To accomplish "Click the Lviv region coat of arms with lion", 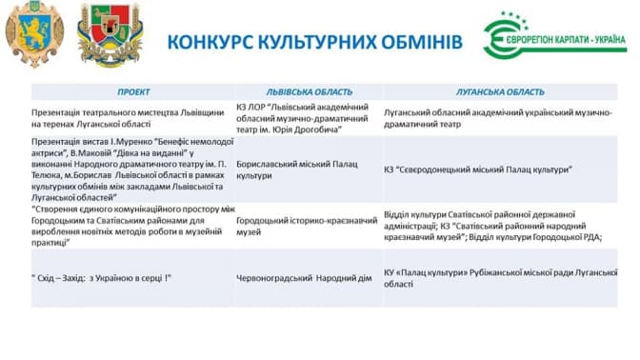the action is pyautogui.click(x=34, y=34).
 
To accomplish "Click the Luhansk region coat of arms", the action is pyautogui.click(x=110, y=35).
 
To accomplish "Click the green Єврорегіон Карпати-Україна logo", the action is pyautogui.click(x=554, y=36).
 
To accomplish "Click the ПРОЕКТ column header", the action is pyautogui.click(x=133, y=92).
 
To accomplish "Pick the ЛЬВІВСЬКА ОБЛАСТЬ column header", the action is pyautogui.click(x=309, y=92).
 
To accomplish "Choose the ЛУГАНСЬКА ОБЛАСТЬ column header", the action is pyautogui.click(x=500, y=92).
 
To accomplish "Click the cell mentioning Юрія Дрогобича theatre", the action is pyautogui.click(x=303, y=118).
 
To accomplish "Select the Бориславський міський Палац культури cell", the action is pyautogui.click(x=297, y=170).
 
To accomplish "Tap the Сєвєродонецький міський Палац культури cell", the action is pyautogui.click(x=478, y=170).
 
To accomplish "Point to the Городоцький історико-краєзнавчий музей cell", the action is pyautogui.click(x=307, y=226).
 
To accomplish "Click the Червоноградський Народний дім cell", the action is pyautogui.click(x=304, y=278).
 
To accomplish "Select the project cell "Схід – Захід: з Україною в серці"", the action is pyautogui.click(x=101, y=278).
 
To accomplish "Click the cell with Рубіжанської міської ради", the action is pyautogui.click(x=500, y=278).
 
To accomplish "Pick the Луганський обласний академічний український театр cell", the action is pyautogui.click(x=498, y=118).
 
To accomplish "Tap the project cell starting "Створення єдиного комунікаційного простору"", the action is pyautogui.click(x=133, y=226).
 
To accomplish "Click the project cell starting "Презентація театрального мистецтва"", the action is pyautogui.click(x=128, y=118).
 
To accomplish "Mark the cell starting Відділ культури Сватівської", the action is pyautogui.click(x=493, y=226).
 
